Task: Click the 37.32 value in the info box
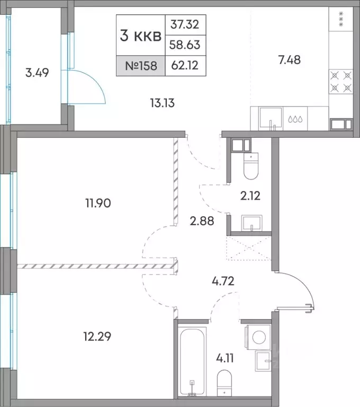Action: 185,24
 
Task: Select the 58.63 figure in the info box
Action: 185,45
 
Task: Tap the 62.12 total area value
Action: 185,65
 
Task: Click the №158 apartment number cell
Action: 141,66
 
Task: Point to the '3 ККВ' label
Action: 141,36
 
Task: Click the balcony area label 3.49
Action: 37,73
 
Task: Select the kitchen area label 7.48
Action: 290,60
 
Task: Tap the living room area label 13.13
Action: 163,103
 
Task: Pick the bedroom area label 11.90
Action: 98,203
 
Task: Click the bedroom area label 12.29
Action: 97,337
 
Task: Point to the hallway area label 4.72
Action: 223,281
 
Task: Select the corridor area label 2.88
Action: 202,221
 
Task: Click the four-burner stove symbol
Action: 341,82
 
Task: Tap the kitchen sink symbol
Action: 271,118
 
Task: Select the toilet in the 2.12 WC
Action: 251,166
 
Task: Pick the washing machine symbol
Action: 259,337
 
